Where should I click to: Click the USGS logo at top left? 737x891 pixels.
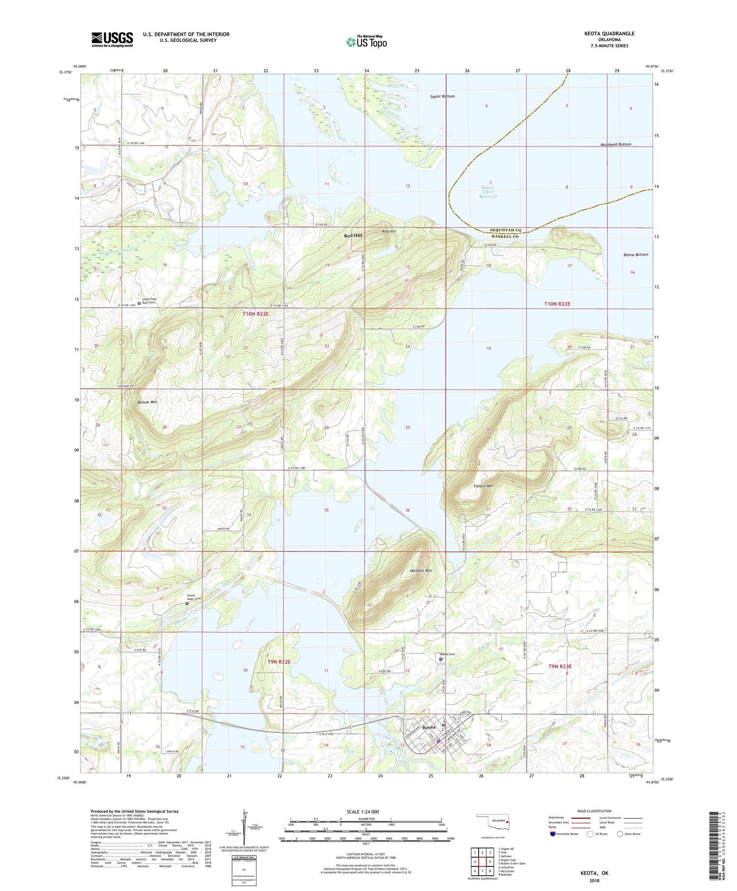(112, 39)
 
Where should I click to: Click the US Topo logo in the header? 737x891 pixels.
(367, 42)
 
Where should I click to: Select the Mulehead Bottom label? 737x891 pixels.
(616, 144)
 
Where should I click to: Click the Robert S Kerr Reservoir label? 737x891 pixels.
(488, 192)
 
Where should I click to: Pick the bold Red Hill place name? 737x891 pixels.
(353, 236)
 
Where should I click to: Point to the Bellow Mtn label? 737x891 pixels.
(147, 402)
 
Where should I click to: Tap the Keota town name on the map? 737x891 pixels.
(429, 727)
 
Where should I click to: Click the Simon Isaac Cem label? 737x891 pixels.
(194, 597)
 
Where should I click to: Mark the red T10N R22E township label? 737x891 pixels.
(256, 314)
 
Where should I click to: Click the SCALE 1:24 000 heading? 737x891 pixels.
(361, 811)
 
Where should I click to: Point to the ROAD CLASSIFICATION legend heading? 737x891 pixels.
(595, 811)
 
